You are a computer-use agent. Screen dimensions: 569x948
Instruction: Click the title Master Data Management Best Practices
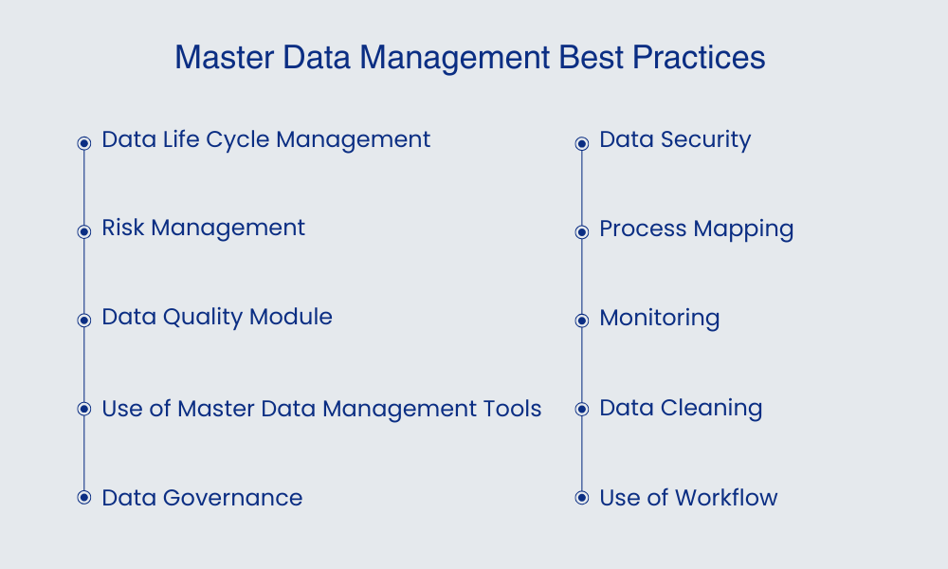470,58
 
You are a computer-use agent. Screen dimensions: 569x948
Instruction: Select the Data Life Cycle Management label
265,139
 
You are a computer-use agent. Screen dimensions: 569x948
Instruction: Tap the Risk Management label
203,228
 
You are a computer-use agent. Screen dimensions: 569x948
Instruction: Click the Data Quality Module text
217,317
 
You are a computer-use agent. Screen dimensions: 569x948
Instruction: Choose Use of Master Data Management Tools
321,409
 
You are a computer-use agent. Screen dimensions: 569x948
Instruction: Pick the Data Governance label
202,498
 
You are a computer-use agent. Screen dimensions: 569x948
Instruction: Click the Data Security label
675,140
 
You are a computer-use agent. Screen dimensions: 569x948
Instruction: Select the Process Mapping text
697,229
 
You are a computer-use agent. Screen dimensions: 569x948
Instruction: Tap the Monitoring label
660,318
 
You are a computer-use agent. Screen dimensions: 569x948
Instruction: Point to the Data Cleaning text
681,409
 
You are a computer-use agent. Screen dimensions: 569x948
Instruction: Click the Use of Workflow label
688,498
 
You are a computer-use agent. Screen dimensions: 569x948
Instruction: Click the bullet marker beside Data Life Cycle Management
83,143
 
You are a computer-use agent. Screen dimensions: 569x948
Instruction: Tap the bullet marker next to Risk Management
83,231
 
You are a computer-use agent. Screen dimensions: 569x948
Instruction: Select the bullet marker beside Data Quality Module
83,320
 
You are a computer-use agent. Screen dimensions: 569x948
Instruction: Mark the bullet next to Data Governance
83,497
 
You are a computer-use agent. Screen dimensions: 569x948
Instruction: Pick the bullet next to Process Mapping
582,232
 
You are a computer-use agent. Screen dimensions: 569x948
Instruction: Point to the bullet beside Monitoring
582,321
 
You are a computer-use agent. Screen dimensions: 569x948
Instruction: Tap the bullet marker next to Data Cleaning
582,410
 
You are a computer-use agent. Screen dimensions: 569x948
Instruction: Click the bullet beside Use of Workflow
582,498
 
